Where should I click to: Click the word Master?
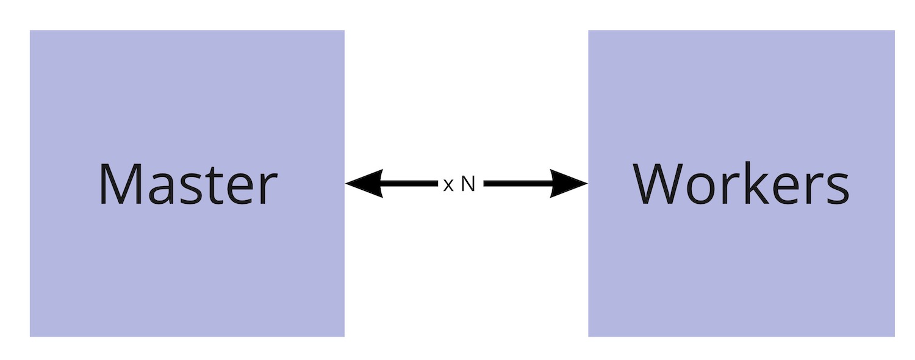click(188, 184)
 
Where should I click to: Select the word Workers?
click(741, 184)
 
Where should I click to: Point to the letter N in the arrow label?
click(467, 184)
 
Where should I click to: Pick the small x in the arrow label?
click(448, 185)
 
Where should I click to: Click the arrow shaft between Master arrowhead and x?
click(409, 183)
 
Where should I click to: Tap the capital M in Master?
click(118, 184)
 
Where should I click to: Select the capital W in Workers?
click(658, 184)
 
